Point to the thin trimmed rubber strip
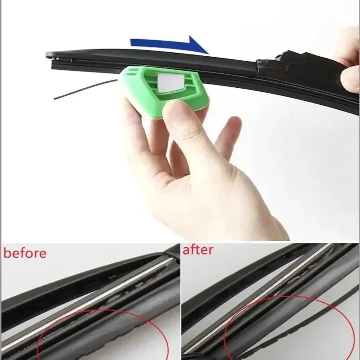click(x=81, y=88)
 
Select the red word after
click(x=198, y=250)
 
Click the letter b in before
click(x=8, y=252)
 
